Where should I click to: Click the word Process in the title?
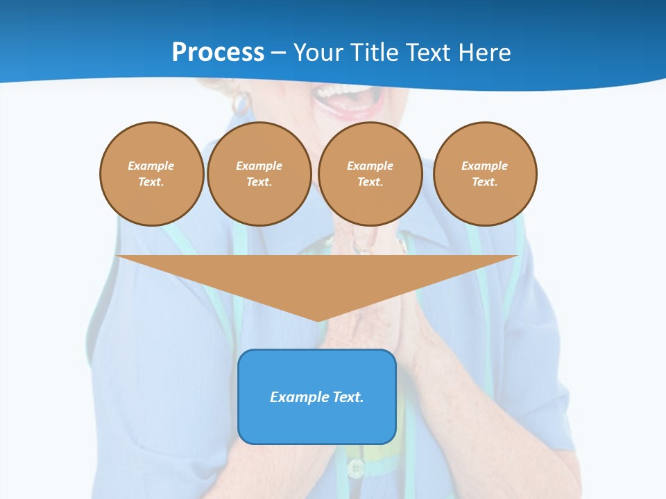[x=218, y=53]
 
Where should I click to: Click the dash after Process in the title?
[x=278, y=53]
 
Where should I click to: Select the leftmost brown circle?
[x=151, y=174]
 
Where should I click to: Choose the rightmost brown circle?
[x=485, y=174]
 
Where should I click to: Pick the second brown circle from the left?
[x=259, y=174]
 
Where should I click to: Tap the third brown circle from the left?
[x=370, y=174]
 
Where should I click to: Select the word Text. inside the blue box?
[x=348, y=397]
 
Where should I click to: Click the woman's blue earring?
[x=241, y=102]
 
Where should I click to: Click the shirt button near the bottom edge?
[x=355, y=469]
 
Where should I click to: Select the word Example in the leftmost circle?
[x=151, y=166]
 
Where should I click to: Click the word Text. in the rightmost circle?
[x=485, y=182]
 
